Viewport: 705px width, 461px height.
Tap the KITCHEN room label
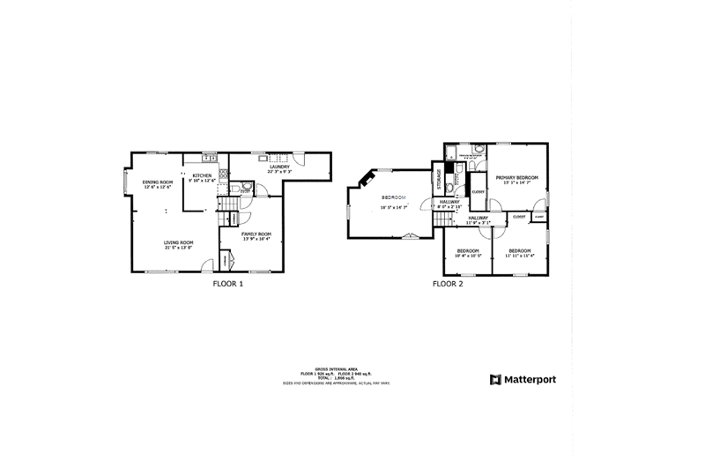click(x=202, y=175)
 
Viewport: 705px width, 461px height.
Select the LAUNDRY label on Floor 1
click(x=280, y=167)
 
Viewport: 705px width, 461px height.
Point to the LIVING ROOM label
click(x=179, y=242)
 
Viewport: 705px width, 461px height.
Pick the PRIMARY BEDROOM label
click(x=516, y=177)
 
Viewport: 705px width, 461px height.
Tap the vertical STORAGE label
click(x=438, y=178)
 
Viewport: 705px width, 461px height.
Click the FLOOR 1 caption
click(x=228, y=284)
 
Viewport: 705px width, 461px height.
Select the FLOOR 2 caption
click(x=447, y=284)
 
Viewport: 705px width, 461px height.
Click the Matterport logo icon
click(x=494, y=380)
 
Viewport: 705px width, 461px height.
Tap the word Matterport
click(x=530, y=380)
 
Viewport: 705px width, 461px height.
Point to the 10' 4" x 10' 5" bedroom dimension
click(x=467, y=257)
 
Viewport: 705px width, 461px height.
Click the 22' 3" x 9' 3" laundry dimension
click(x=280, y=172)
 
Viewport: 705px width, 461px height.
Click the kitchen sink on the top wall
click(x=209, y=158)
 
